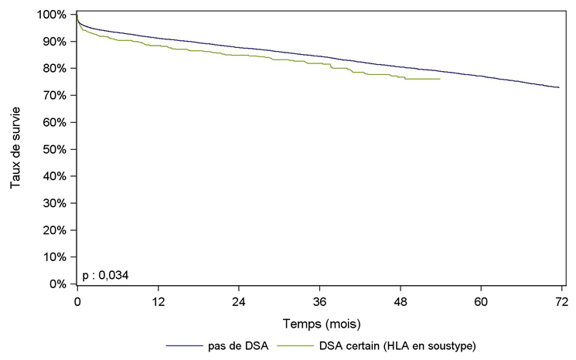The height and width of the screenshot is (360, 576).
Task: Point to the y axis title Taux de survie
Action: [15, 150]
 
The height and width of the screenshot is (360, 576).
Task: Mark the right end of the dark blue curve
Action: [559, 87]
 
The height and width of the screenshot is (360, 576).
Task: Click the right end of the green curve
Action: [440, 79]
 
